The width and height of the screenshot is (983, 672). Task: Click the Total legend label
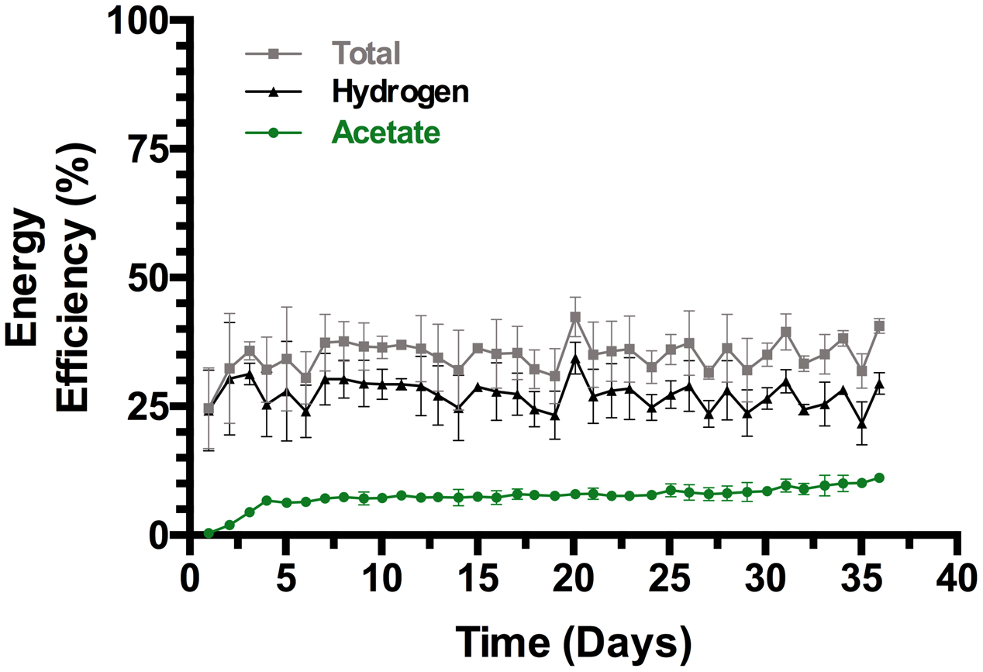pos(366,53)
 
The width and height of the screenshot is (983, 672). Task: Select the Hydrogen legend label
pos(400,92)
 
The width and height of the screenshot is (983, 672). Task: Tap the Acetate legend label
pos(386,133)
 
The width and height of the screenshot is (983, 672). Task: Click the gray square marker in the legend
pos(272,54)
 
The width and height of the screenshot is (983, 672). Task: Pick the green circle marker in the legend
pos(272,133)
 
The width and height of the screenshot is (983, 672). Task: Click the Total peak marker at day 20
pos(575,317)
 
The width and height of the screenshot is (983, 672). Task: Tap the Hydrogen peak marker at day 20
pos(575,358)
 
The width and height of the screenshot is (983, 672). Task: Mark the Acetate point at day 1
pos(209,533)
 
